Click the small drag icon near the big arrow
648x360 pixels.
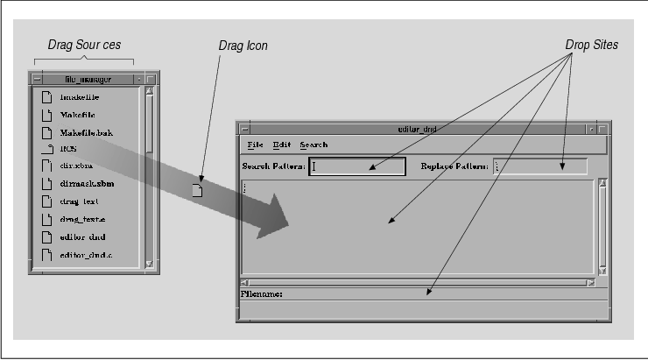click(x=198, y=187)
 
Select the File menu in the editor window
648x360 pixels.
click(x=255, y=145)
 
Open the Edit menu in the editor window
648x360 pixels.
click(x=281, y=145)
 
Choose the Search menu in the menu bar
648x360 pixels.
click(x=313, y=145)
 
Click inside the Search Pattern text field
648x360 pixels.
click(x=357, y=166)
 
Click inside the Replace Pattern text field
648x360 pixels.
click(x=540, y=166)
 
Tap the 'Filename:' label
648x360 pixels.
click(x=261, y=293)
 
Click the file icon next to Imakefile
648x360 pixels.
click(x=46, y=97)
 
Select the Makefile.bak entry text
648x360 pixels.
click(x=88, y=132)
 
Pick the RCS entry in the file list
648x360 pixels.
click(x=68, y=150)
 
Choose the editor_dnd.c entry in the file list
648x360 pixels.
click(x=88, y=255)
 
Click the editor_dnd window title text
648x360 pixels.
click(x=417, y=129)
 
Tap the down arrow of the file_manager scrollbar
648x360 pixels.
click(x=149, y=262)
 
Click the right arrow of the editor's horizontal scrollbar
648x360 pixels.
click(x=592, y=283)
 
